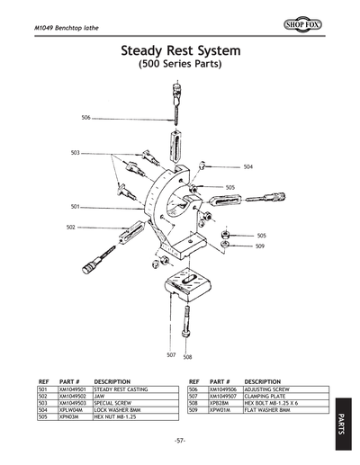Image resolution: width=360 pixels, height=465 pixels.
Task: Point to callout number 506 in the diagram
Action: point(85,118)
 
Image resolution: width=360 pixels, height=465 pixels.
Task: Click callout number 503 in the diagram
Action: point(76,153)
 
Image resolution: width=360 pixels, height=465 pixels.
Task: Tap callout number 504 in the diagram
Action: point(247,167)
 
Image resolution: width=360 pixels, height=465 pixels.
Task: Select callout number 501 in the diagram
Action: point(76,207)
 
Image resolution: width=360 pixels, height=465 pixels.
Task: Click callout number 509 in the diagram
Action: point(259,246)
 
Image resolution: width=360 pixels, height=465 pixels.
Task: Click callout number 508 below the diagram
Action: point(187,356)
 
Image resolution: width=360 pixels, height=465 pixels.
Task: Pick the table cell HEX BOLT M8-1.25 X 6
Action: point(274,403)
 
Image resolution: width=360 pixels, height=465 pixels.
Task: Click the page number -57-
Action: point(180,440)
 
